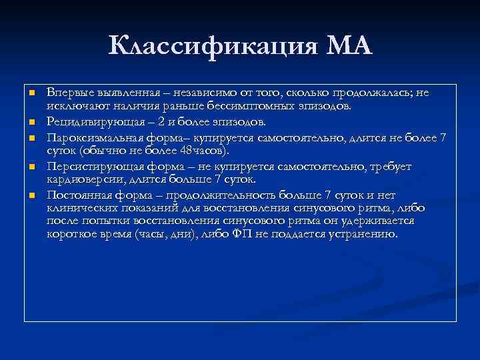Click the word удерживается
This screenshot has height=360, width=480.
click(x=377, y=221)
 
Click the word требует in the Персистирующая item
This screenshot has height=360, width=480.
click(x=392, y=166)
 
